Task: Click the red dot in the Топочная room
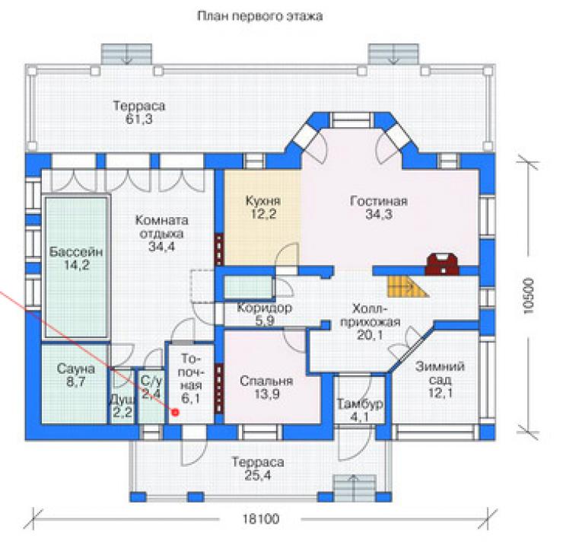click(x=175, y=412)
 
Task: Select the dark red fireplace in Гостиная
click(x=441, y=264)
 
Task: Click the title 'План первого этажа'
click(x=260, y=16)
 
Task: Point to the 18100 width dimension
click(x=261, y=519)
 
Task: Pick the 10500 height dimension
click(x=529, y=296)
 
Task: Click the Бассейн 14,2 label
click(x=76, y=258)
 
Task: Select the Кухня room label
click(x=263, y=201)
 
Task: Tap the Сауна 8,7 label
click(x=76, y=375)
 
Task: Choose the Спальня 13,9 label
click(x=266, y=388)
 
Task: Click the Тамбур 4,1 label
click(x=360, y=410)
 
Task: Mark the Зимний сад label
click(x=441, y=373)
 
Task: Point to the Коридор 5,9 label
click(x=265, y=314)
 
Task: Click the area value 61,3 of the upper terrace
click(x=139, y=119)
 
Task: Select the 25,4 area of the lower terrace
click(x=258, y=475)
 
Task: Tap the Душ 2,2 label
click(x=122, y=406)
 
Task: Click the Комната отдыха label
click(x=161, y=227)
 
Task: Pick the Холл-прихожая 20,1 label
click(x=371, y=321)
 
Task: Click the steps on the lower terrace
click(x=355, y=487)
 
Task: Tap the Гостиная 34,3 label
click(x=379, y=207)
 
